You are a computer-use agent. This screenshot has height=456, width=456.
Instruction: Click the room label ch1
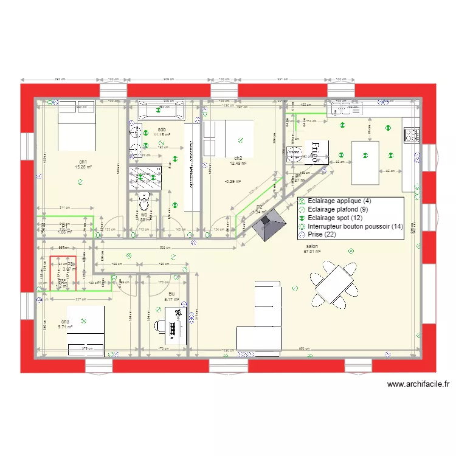click(82, 161)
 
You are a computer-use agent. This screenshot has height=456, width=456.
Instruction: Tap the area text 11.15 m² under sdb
click(162, 135)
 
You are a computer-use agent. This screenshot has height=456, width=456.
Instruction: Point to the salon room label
click(313, 247)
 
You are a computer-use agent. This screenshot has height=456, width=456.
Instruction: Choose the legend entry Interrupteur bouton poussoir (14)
click(356, 226)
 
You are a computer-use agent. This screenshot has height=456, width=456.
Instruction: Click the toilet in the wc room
click(144, 202)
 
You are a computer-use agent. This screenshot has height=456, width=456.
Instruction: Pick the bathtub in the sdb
click(161, 109)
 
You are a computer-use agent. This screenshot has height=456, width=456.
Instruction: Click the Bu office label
click(171, 294)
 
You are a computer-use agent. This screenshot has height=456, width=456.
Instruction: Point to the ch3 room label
click(65, 321)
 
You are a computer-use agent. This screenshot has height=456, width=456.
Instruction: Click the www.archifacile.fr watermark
click(418, 384)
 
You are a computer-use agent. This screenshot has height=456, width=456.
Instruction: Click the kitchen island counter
click(365, 162)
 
